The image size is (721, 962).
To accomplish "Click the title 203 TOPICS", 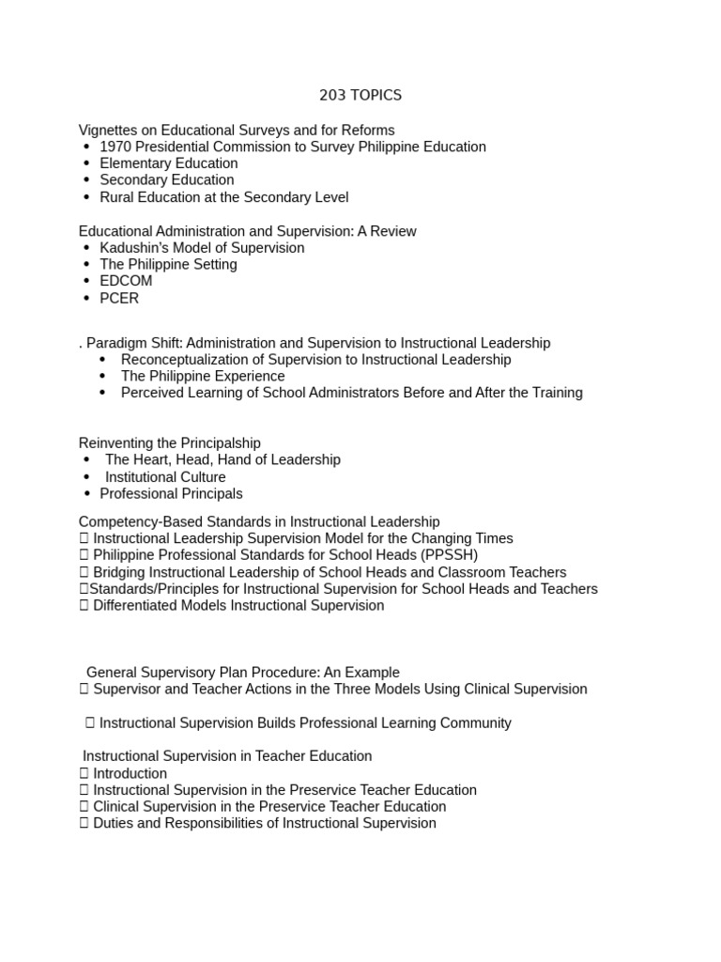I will click(360, 95).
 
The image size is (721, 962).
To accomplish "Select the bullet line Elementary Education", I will click(169, 163).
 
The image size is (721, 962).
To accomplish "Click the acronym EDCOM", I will click(126, 281).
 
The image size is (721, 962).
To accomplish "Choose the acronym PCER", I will click(119, 298).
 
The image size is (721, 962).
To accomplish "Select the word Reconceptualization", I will click(192, 360).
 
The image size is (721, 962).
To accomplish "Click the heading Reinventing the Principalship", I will click(170, 442).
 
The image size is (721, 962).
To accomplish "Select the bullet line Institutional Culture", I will click(165, 477).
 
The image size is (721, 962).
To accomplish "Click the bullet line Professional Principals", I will click(171, 493).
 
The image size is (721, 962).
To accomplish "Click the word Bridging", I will click(122, 572).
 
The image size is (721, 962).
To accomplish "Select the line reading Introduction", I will click(130, 773).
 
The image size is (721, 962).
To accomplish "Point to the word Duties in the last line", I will click(114, 823).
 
